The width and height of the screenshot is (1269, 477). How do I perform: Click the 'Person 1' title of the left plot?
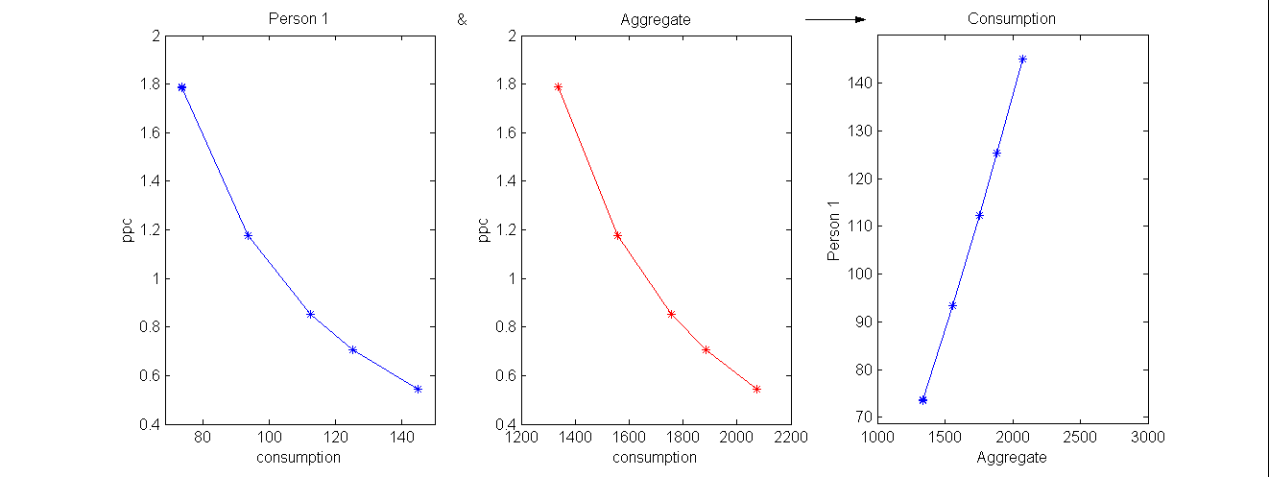pos(299,19)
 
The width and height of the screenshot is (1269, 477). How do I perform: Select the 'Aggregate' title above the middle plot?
pos(656,19)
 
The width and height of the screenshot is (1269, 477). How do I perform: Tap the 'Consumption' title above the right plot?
pos(1012,19)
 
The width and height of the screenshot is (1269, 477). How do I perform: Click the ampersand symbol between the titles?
pos(463,19)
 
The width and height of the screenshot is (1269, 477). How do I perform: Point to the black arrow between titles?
pos(835,19)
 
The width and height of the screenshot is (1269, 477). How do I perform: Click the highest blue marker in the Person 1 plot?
pos(181,87)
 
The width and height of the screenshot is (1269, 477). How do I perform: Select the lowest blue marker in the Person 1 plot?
pos(418,389)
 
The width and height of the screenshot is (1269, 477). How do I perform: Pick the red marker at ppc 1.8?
pos(558,87)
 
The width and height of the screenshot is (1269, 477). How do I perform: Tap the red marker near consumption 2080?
pos(756,389)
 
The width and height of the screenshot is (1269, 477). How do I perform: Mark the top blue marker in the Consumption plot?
pos(1022,60)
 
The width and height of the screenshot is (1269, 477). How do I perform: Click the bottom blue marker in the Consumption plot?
pos(922,400)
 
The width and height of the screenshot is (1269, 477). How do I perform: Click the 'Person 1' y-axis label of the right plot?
pos(833,230)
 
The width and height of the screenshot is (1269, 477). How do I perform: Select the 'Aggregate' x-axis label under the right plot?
pos(1012,458)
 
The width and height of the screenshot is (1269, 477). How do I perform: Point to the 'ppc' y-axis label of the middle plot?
pos(484,230)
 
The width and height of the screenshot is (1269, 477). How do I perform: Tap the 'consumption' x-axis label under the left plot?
pos(299,458)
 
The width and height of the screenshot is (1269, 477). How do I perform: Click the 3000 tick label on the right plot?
pos(1147,438)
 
